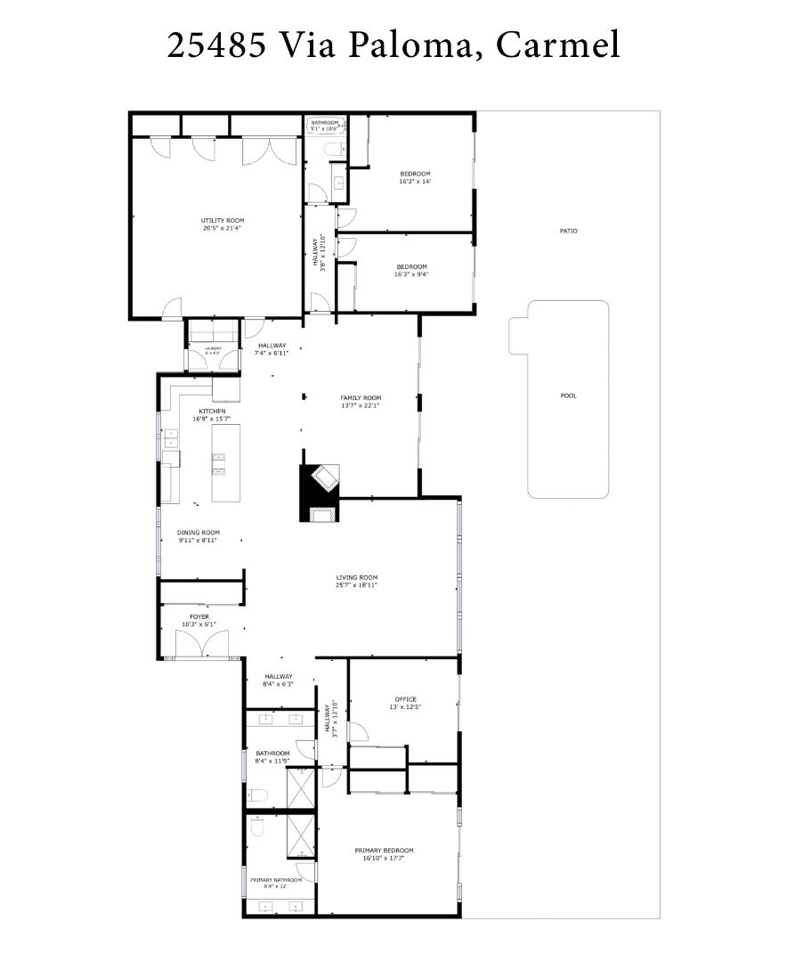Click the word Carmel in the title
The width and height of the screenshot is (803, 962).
(558, 44)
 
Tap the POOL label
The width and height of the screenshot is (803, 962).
(568, 395)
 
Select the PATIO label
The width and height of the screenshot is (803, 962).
(568, 231)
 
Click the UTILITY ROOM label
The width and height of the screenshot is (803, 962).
(222, 221)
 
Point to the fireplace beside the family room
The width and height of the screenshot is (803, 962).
(320, 491)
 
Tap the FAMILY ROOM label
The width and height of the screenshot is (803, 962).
(361, 398)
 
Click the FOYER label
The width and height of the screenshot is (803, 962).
(199, 616)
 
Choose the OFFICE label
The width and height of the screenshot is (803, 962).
(405, 699)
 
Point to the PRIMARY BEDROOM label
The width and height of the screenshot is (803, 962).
(384, 851)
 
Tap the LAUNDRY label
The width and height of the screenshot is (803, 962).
(213, 349)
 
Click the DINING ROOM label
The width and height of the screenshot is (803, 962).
(199, 533)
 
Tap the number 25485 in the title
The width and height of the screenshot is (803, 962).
(216, 44)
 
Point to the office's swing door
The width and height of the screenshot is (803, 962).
(358, 733)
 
